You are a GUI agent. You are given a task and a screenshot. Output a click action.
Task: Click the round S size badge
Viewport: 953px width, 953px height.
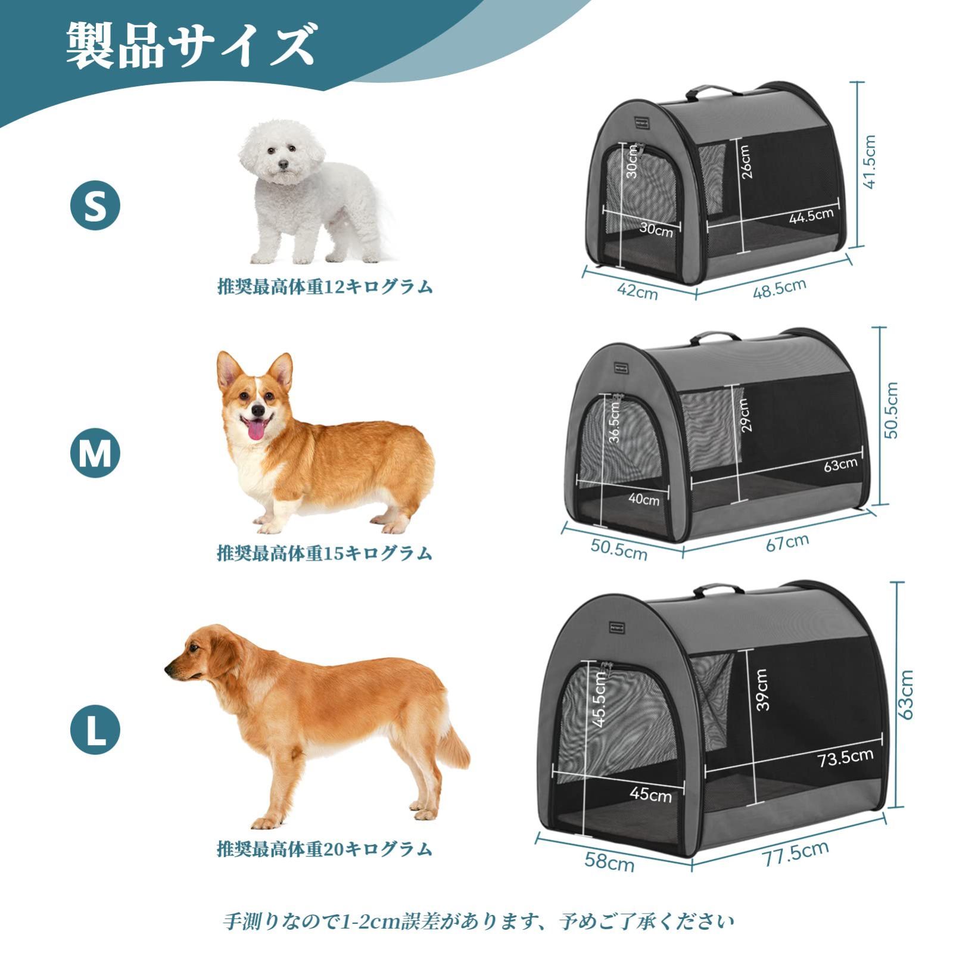coord(95,205)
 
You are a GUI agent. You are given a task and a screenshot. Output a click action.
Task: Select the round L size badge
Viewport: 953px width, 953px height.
coord(95,729)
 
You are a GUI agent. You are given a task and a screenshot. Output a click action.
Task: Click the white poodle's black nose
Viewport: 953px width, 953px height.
coord(283,164)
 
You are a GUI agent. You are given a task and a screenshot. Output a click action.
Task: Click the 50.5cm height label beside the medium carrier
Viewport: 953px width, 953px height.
coord(892,411)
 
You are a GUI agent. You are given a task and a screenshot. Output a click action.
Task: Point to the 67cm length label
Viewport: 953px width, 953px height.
coord(787,542)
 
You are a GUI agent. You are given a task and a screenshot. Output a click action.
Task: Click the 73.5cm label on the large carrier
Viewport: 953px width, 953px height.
coord(845,758)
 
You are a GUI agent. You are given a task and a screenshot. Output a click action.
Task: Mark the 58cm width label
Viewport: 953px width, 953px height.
coord(609,861)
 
